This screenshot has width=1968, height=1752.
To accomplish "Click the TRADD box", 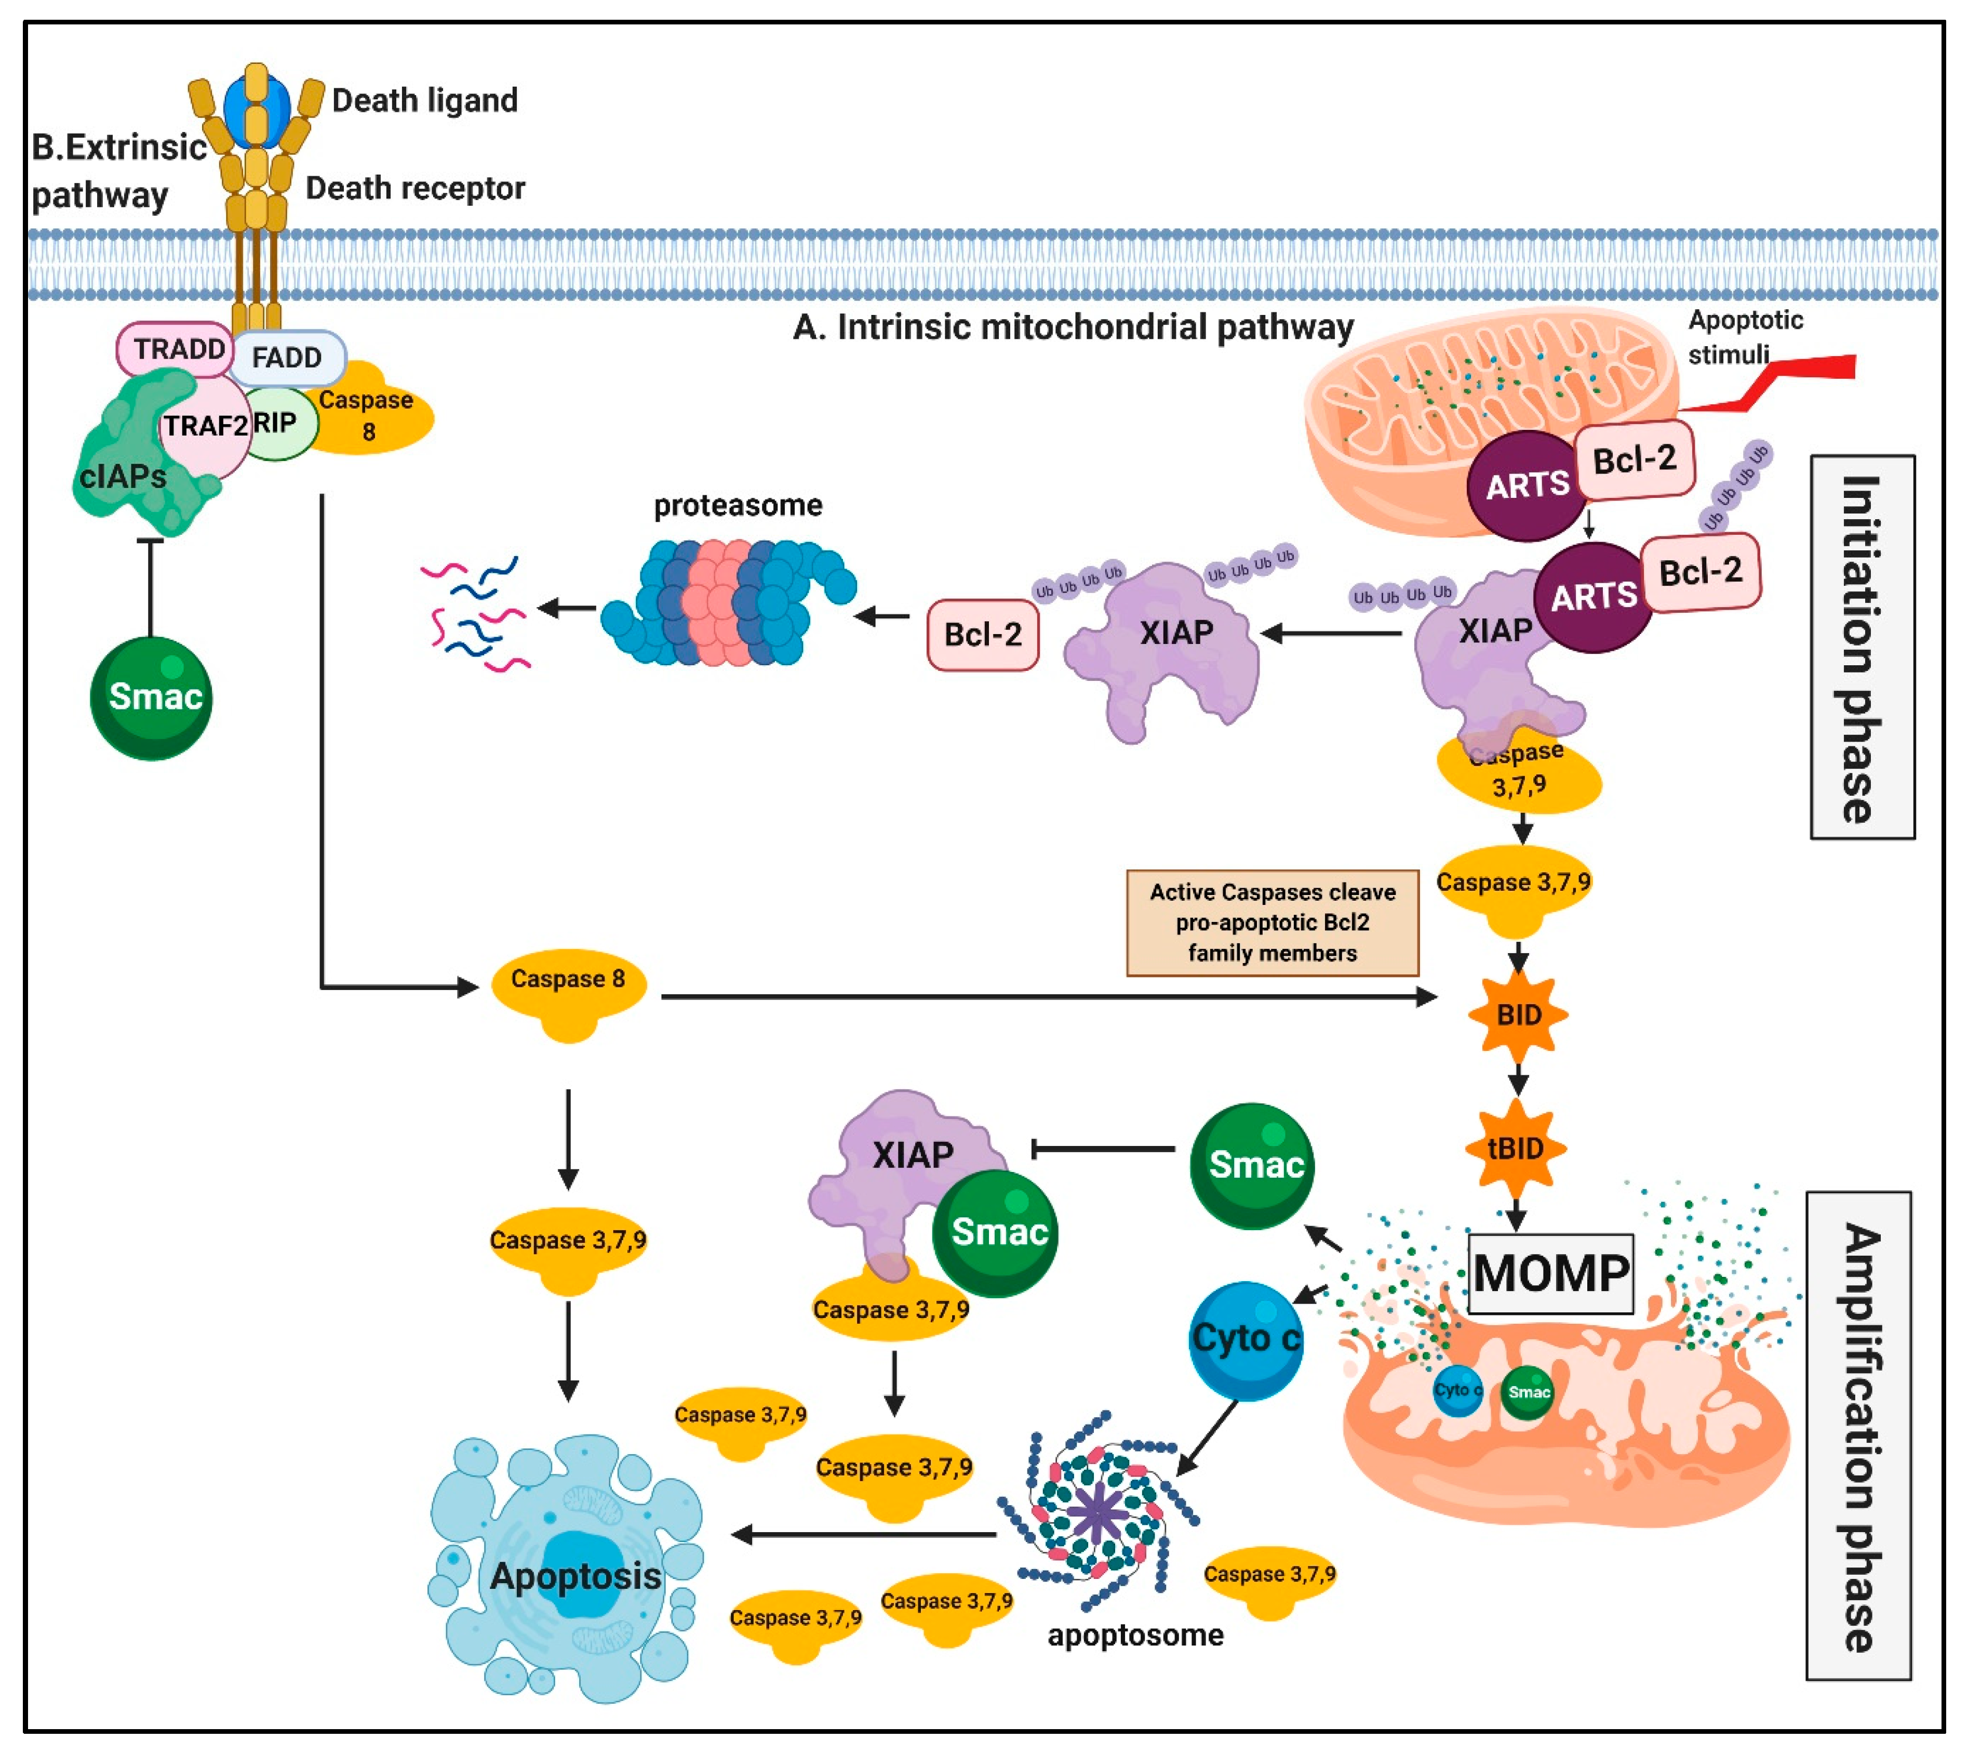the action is [175, 349].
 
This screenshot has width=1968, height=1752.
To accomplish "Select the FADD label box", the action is [286, 358].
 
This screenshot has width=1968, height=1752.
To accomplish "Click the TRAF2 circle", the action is [204, 426].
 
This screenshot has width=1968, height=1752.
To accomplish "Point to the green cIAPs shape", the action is [140, 453].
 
